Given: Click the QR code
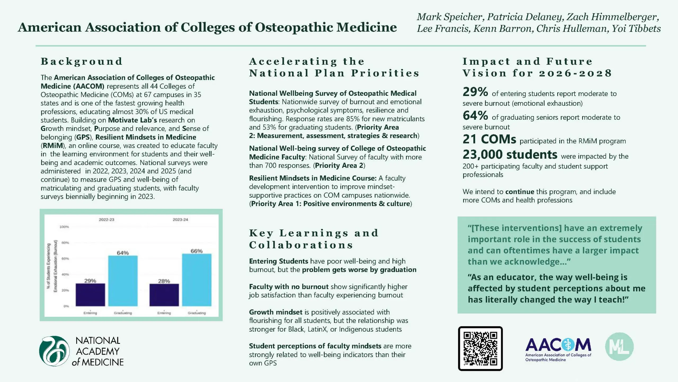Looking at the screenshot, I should coord(480,348).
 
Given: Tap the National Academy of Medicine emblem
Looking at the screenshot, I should coord(55,351).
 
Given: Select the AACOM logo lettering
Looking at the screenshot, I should coord(558,345).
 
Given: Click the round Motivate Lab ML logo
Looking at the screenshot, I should coord(619,346).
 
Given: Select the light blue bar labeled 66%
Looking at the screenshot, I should coord(197,280).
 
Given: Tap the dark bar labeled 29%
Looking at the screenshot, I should coord(90,294).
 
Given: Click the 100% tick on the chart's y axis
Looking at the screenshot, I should coord(64,227).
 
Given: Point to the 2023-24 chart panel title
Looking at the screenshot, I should coord(180,220).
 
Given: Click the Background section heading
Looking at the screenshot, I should coord(82,61).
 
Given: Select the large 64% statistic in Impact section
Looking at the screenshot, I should coord(475,116).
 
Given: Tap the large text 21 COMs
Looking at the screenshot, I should coord(489,139).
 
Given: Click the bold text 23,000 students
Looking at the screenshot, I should coord(510,154).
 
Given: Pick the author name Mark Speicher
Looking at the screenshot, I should coord(450,17).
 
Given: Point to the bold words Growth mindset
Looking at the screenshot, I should coord(275,312).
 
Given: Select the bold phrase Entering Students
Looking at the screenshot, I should coord(278,261).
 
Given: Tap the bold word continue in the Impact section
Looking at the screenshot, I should coord(520,192).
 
